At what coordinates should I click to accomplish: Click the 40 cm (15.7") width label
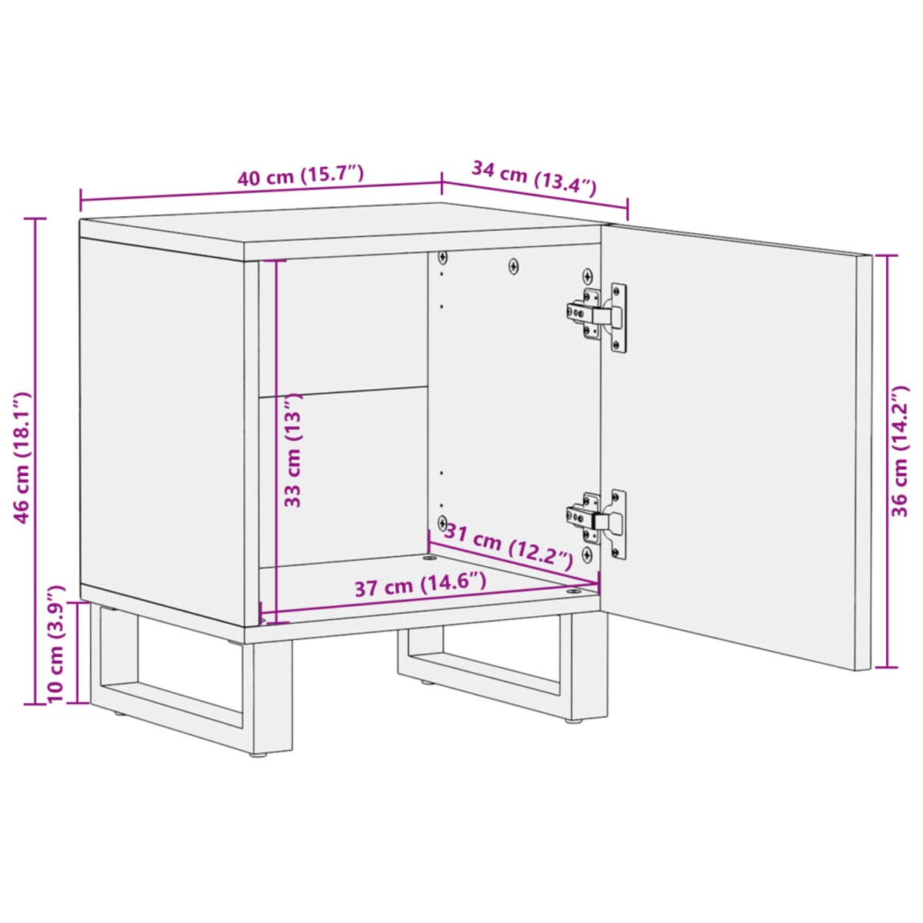[x=299, y=176]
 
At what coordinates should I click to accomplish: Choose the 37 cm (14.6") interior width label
[x=419, y=587]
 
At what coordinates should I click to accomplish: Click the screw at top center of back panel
[x=514, y=266]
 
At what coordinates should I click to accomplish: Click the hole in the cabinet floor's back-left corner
[x=428, y=557]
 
